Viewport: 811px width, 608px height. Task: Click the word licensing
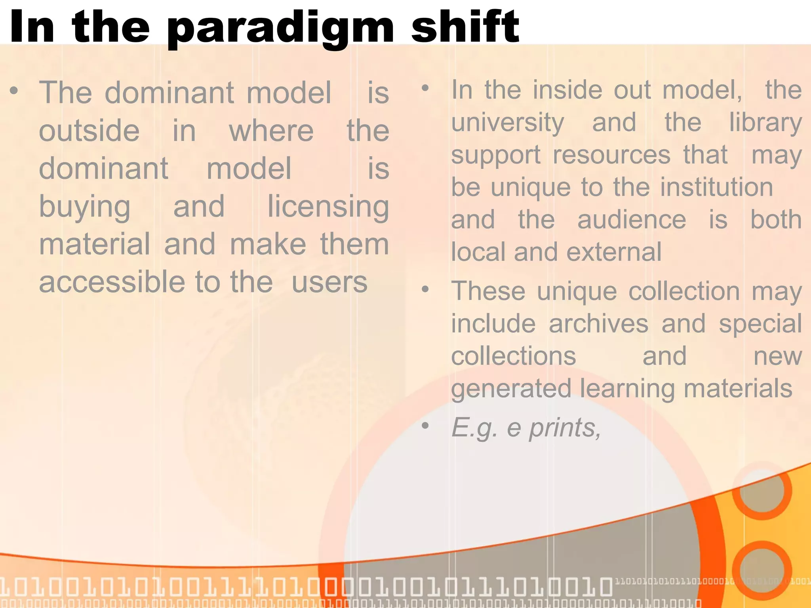click(328, 207)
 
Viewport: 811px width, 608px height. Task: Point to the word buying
click(85, 207)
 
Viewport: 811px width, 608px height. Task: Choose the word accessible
click(112, 282)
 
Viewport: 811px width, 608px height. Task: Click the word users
click(329, 282)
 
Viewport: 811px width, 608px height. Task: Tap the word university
click(508, 123)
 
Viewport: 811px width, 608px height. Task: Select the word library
click(765, 123)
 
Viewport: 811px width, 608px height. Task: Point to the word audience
click(632, 220)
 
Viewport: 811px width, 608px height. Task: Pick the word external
click(614, 252)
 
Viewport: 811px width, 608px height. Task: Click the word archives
click(598, 324)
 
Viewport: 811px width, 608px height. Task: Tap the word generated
click(511, 389)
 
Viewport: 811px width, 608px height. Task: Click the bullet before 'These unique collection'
click(425, 289)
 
